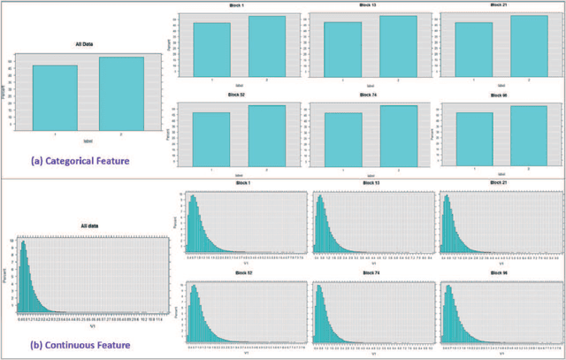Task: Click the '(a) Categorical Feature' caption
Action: [x=81, y=161]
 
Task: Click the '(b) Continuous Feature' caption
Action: [x=82, y=344]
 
